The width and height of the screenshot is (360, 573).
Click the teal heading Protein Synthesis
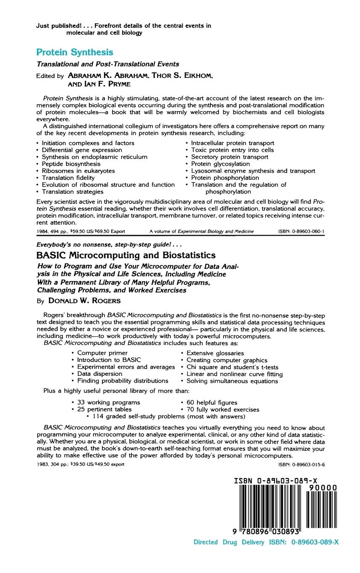tap(75, 52)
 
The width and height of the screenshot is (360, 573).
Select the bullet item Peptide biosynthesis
tap(71, 164)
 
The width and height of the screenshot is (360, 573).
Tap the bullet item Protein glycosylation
tap(220, 164)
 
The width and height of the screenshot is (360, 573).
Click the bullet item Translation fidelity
tap(68, 178)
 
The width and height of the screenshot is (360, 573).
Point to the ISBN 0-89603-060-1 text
tap(301, 231)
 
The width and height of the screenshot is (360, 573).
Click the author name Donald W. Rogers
tap(84, 300)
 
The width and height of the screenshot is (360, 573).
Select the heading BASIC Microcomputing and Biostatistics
tap(126, 255)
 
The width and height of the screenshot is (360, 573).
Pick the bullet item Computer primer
tap(102, 353)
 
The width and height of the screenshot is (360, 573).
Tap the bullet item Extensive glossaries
tap(215, 353)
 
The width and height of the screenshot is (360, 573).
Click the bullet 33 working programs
tap(108, 402)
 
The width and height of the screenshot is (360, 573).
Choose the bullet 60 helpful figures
tap(212, 402)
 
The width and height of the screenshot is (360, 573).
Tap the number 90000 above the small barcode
tap(323, 488)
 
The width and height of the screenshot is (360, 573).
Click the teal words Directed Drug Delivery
tap(229, 542)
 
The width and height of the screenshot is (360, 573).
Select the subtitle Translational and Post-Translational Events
tap(107, 64)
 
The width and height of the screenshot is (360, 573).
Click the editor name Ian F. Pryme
tap(107, 84)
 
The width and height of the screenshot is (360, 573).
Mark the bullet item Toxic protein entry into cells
tap(232, 150)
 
